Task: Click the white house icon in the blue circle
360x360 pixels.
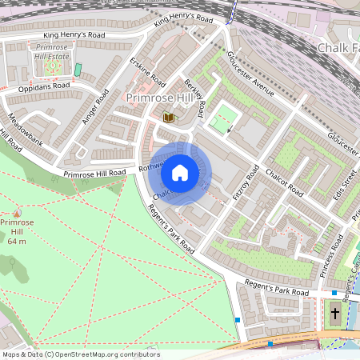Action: [x=180, y=173]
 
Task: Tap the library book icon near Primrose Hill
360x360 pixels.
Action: [x=168, y=118]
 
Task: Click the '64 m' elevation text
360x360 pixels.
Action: [x=17, y=242]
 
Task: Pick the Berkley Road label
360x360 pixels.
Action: [x=195, y=97]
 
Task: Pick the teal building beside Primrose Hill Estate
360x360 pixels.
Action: [x=78, y=70]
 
